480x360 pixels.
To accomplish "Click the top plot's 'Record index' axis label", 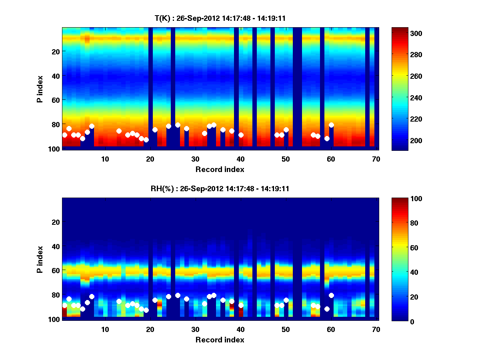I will coord(220,170).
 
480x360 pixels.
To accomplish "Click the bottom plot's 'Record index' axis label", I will coord(220,340).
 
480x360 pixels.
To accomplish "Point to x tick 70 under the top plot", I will coord(376,159).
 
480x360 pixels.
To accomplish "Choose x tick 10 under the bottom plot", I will coord(105,330).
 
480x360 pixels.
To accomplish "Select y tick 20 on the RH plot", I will coord(56,222).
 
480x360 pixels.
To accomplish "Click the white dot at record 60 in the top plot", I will coord(331,125).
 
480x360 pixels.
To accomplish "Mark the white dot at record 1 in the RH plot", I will coord(64,305).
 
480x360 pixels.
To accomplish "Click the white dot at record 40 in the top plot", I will coord(241,135).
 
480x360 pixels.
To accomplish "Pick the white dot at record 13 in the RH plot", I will coord(119,301).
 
